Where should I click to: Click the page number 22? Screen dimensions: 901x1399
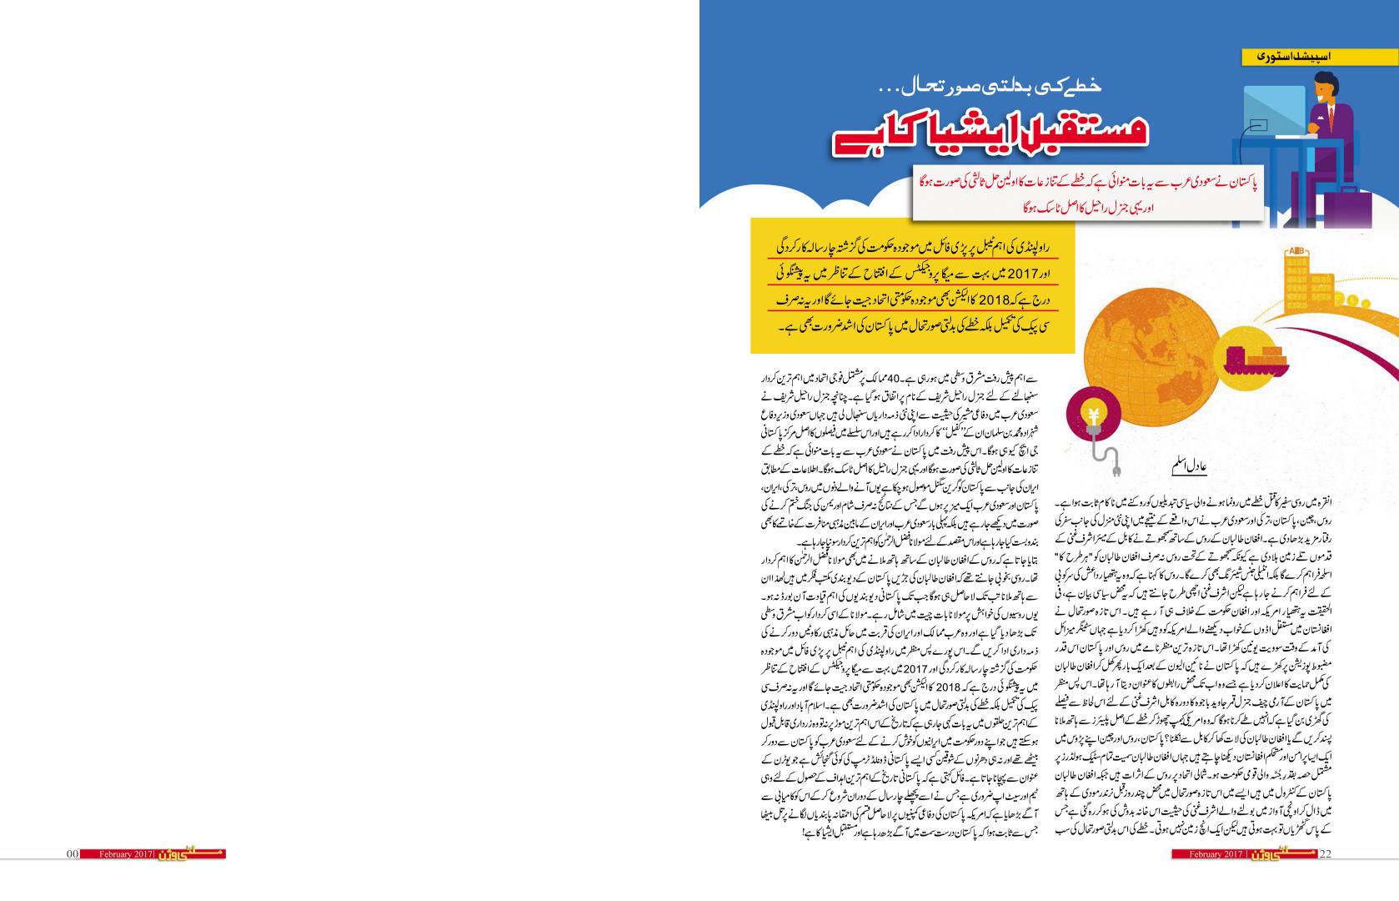coord(1326,853)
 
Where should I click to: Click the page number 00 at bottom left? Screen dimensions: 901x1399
coord(73,853)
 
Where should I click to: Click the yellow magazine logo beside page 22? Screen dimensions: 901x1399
coord(1287,853)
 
